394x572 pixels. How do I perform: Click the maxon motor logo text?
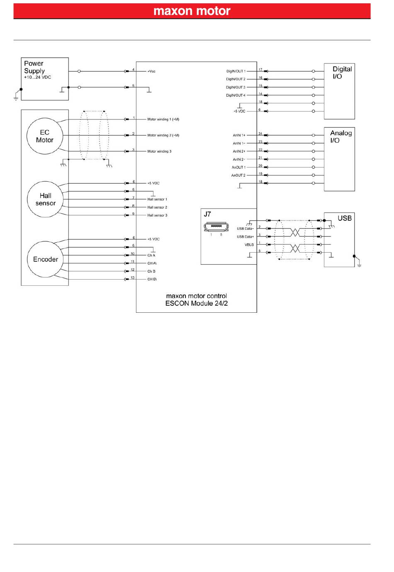192,11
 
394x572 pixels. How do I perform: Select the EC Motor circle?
44,136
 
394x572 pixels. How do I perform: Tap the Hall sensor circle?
45,200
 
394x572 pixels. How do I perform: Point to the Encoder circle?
45,259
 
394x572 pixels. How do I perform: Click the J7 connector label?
207,214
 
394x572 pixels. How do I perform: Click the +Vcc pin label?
151,71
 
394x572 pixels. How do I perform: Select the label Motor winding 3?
159,151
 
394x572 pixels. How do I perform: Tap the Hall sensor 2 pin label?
157,207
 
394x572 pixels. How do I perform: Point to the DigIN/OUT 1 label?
236,71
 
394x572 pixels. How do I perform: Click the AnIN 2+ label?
239,151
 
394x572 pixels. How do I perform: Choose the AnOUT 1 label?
238,168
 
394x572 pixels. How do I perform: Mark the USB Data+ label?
245,237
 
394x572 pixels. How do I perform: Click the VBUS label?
249,245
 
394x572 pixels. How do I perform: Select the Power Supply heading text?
34,67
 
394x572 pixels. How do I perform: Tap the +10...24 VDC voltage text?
37,78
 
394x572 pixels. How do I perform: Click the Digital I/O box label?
342,73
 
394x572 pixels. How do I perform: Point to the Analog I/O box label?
340,136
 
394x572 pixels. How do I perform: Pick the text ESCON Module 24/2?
196,303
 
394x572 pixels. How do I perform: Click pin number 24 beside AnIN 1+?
260,134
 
